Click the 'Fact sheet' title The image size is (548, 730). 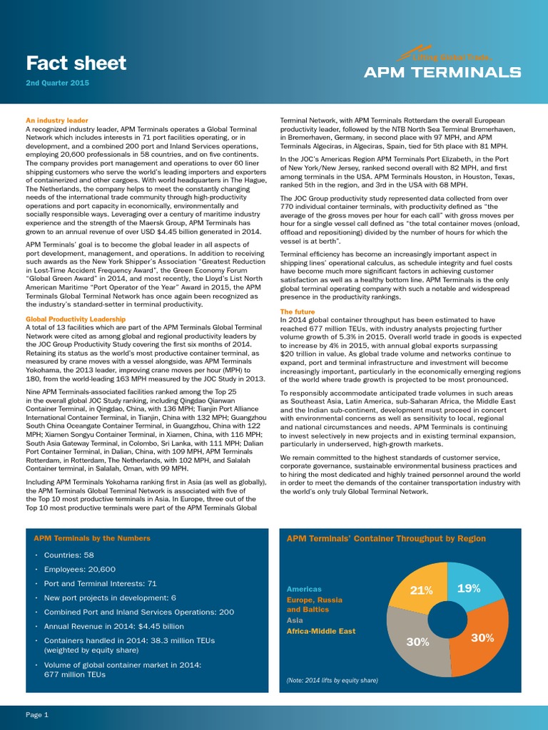click(76, 63)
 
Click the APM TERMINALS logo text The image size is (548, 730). click(442, 72)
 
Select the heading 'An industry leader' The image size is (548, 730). click(57, 120)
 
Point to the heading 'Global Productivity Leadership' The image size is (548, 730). click(76, 319)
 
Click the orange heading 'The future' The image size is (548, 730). click(298, 312)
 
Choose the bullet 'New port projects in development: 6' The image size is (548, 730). click(110, 597)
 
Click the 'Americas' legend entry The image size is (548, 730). click(304, 590)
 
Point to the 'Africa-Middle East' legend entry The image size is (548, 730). click(320, 631)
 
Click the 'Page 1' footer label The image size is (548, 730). click(37, 714)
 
